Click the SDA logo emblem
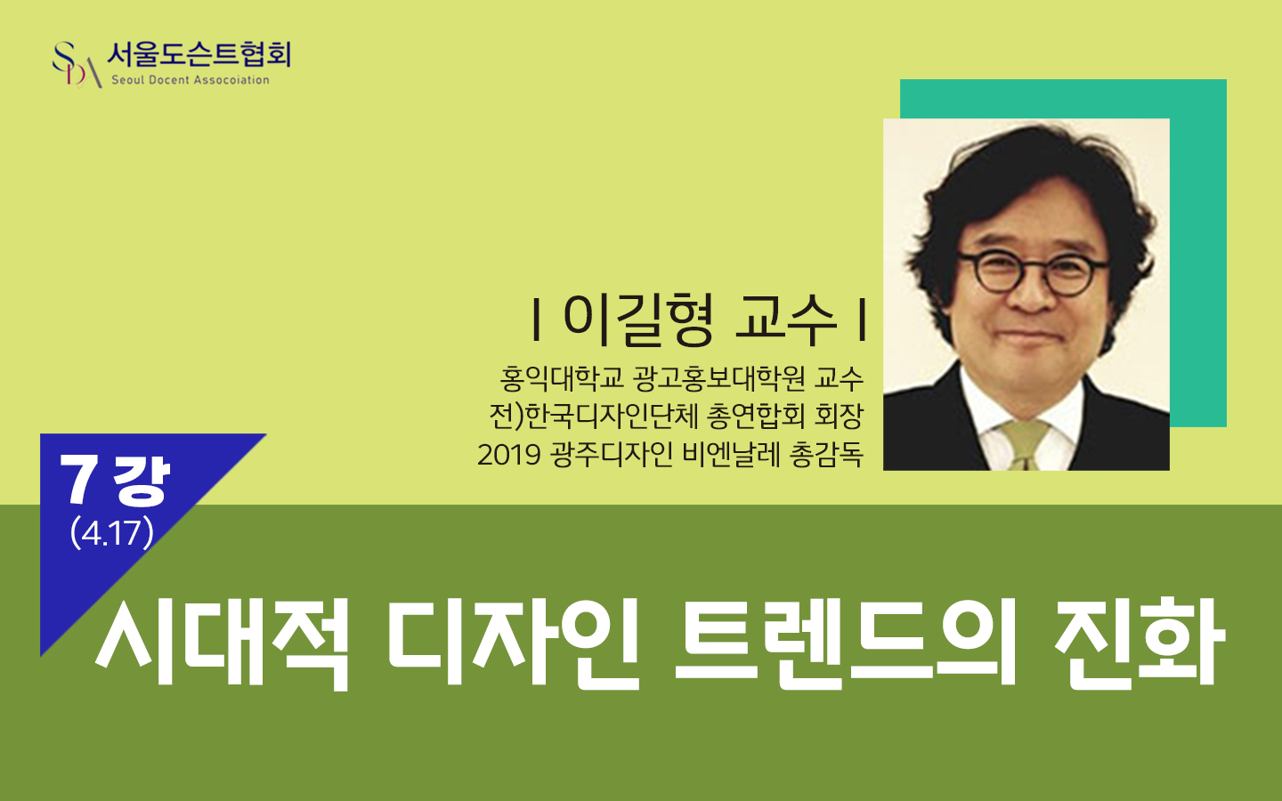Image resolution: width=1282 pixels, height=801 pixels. pyautogui.click(x=77, y=65)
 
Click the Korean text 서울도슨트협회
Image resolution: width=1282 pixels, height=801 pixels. pyautogui.click(x=199, y=55)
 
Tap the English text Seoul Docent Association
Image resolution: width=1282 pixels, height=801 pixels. pyautogui.click(x=190, y=80)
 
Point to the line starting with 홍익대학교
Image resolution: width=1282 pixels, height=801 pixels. pyautogui.click(x=681, y=378)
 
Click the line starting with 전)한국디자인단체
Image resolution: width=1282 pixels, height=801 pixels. pyautogui.click(x=676, y=416)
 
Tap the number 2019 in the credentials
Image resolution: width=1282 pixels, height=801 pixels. pyautogui.click(x=509, y=456)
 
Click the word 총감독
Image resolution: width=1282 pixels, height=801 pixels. pyautogui.click(x=826, y=455)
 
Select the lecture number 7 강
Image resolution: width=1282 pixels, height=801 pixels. pyautogui.click(x=115, y=480)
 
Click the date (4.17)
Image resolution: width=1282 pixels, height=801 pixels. pyautogui.click(x=111, y=533)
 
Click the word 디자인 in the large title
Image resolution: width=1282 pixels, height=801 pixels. pyautogui.click(x=513, y=641)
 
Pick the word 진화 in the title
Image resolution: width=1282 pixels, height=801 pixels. pyautogui.click(x=1139, y=641)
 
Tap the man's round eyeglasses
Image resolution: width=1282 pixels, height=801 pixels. pyautogui.click(x=1033, y=273)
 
